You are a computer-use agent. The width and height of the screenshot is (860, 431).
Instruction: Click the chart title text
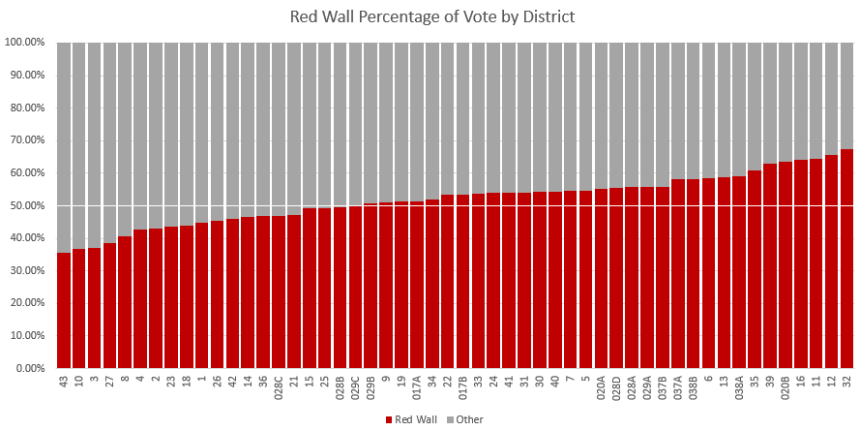tap(430, 17)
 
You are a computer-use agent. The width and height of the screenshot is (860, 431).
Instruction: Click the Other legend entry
tap(464, 419)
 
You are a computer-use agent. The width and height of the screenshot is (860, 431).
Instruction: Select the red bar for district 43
tap(64, 310)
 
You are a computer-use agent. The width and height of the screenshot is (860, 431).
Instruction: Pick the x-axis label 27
tap(110, 383)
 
